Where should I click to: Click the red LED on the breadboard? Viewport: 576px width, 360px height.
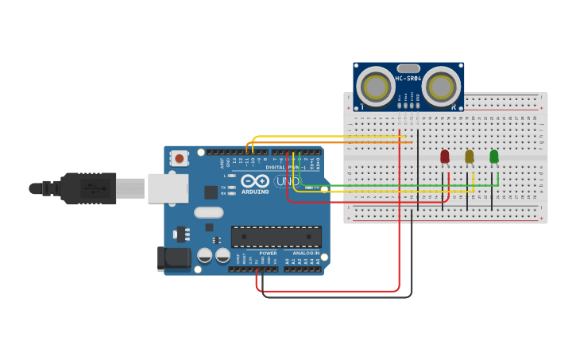click(444, 157)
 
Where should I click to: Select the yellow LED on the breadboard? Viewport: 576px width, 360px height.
click(469, 157)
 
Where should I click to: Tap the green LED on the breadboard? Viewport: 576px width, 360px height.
click(493, 157)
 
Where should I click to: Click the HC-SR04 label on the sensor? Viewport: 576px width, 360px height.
click(408, 79)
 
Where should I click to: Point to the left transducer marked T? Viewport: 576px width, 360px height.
click(373, 85)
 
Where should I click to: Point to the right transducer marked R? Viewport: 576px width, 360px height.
click(442, 85)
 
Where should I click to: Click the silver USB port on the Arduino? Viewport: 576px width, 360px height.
click(168, 188)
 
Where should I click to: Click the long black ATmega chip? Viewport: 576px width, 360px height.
click(276, 237)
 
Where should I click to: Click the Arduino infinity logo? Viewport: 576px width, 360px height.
click(255, 181)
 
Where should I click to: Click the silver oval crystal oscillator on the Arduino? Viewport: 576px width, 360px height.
click(208, 212)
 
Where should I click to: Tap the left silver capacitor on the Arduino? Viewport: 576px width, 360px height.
click(205, 256)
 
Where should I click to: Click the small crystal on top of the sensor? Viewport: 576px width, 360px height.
click(408, 68)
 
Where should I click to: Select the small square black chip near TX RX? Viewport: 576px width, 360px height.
click(211, 192)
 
